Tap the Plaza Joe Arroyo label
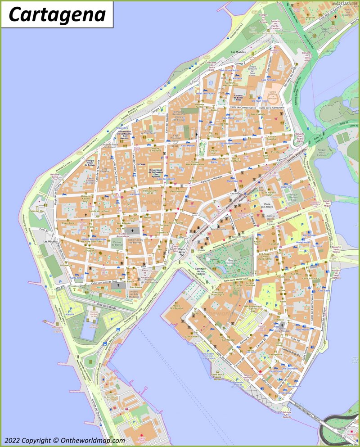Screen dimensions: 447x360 click(x=267, y=208)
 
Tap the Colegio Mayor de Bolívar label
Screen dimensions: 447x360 click(x=90, y=163)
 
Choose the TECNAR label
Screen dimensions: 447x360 click(x=142, y=164)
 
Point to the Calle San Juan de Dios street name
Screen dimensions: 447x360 click(x=104, y=282)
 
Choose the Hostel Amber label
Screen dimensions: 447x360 click(x=304, y=243)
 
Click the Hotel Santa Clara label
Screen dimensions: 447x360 click(x=206, y=93)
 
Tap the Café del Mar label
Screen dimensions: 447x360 click(x=37, y=211)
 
